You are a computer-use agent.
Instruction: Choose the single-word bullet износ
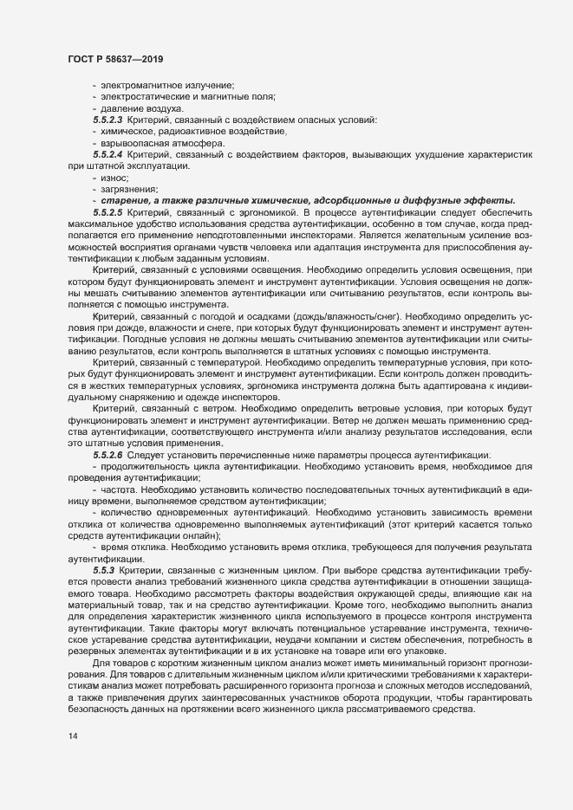(x=114, y=177)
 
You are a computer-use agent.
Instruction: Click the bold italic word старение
(x=125, y=200)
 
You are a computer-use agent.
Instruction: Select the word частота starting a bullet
(x=120, y=489)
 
